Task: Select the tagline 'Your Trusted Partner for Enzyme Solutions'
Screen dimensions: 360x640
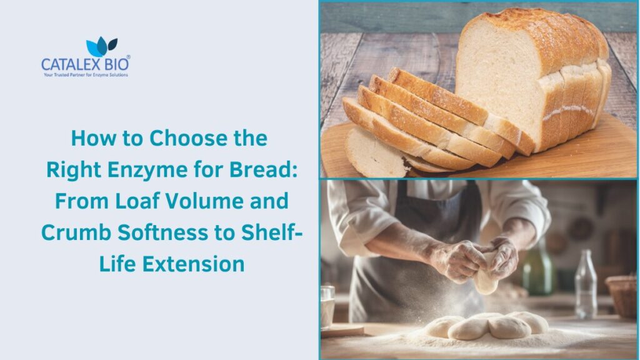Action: pyautogui.click(x=85, y=75)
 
